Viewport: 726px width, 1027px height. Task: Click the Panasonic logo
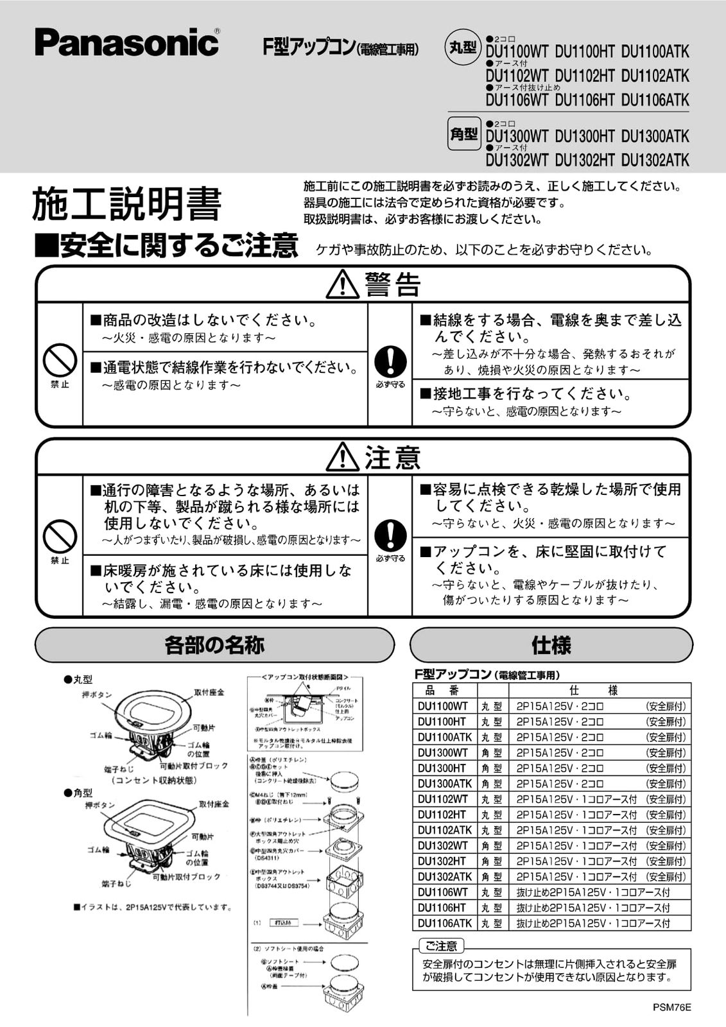pos(127,42)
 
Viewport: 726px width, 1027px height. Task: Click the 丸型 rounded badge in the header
pos(463,48)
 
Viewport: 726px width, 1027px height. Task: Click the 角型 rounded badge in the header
pos(463,133)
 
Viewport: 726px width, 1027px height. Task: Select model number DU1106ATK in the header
pos(655,100)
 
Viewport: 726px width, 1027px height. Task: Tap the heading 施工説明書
pos(126,204)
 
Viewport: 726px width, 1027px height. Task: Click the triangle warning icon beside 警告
pos(342,284)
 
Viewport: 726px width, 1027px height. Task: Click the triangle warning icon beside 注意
pos(342,457)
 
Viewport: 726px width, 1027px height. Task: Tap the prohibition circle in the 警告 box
pos(60,360)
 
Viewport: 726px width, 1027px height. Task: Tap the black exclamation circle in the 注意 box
pos(390,535)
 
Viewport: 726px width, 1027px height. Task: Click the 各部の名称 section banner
pos(214,644)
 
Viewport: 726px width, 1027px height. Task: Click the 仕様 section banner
pos(551,644)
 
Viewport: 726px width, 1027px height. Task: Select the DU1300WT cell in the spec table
pos(444,752)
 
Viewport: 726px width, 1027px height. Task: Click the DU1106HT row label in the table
pos(442,908)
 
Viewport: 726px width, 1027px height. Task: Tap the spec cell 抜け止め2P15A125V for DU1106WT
pos(592,892)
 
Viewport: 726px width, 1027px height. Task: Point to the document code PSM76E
pos(671,1006)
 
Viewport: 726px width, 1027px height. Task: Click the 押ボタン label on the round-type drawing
pos(97,695)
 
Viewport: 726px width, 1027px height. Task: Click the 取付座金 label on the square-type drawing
pos(214,804)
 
